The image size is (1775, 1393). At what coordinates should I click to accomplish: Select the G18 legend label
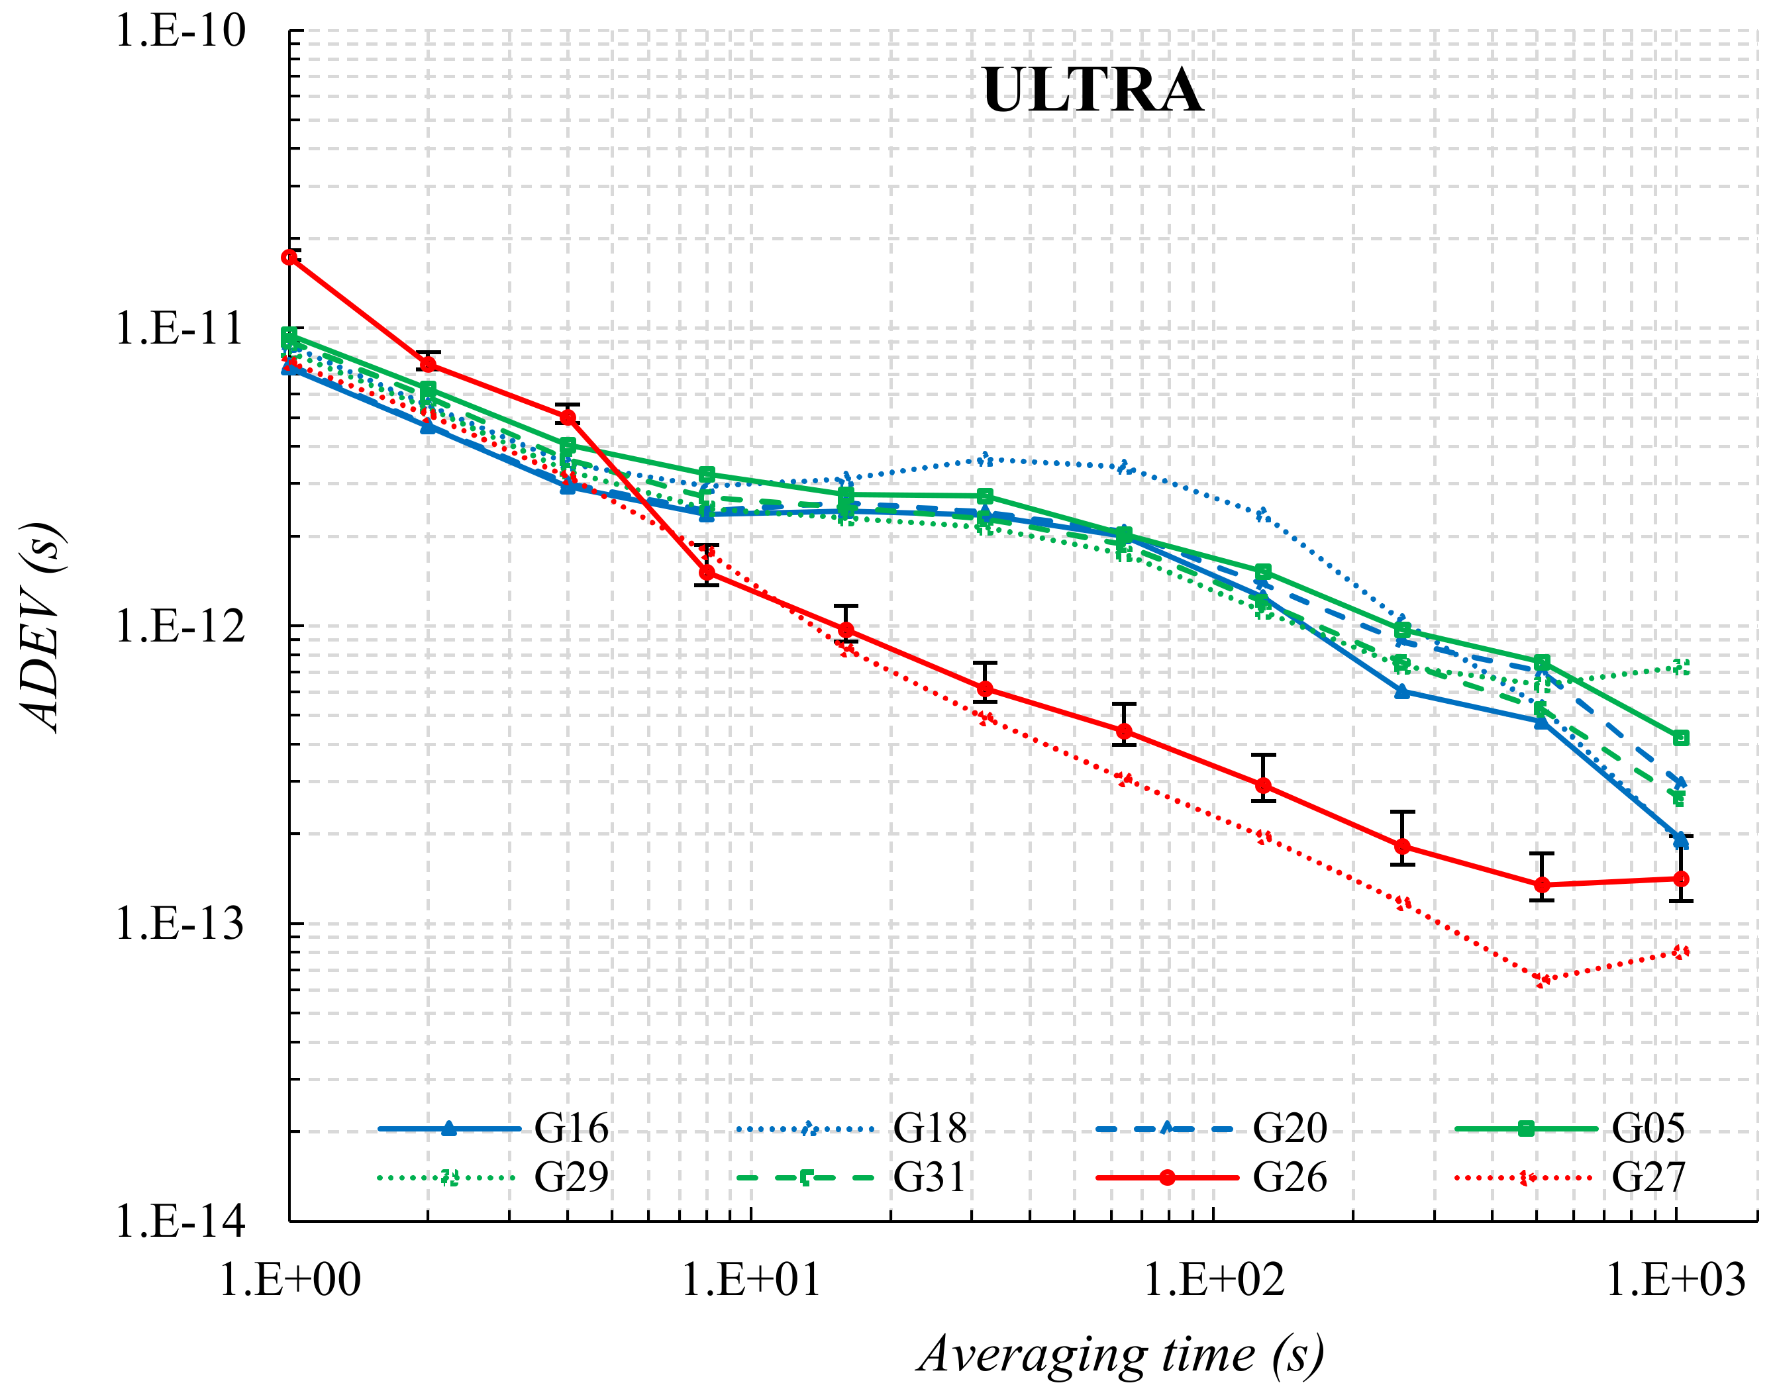tap(929, 1128)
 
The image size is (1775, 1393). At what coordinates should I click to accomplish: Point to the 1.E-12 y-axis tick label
tap(179, 626)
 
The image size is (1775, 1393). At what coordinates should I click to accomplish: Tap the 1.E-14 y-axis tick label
tap(179, 1222)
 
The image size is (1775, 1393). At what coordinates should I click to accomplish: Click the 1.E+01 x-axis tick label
tap(750, 1279)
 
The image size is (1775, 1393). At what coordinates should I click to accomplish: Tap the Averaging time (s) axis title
tap(1121, 1354)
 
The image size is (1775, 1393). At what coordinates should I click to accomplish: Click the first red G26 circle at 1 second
tap(289, 257)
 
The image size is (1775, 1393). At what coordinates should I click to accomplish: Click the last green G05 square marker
tap(1680, 738)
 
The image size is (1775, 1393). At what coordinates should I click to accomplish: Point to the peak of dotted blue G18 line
tap(986, 460)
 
